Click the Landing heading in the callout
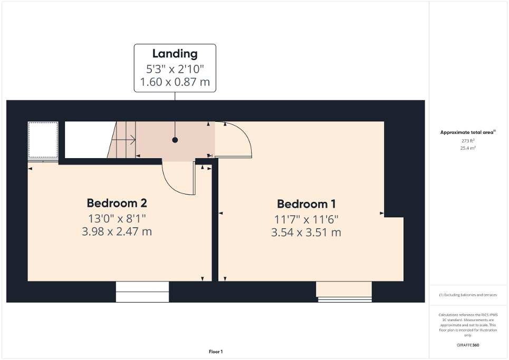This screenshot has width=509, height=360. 175,53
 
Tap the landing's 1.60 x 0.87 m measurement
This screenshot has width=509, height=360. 175,82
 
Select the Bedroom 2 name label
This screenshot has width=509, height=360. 117,203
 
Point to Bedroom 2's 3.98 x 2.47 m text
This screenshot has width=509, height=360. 117,231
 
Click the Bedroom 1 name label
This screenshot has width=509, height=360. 306,204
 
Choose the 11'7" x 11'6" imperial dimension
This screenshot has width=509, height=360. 306,219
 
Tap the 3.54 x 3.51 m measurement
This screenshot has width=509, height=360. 306,232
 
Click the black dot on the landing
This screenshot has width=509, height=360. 175,140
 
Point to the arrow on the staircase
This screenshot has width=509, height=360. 127,140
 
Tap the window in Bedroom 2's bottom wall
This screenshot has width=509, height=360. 142,291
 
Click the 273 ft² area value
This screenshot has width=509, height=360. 468,141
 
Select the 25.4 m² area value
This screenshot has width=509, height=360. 468,149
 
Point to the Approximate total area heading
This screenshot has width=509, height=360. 468,132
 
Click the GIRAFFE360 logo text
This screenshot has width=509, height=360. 468,345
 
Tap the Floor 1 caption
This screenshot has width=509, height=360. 215,352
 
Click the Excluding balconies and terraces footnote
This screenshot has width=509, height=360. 468,295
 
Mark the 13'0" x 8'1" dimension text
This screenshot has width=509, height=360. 117,217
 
